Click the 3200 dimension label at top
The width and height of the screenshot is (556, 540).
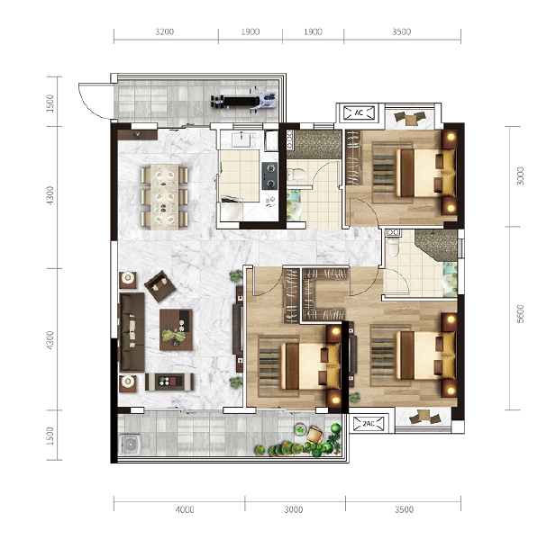(165, 31)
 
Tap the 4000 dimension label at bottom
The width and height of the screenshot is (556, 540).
(185, 509)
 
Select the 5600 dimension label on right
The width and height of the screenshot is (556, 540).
(520, 314)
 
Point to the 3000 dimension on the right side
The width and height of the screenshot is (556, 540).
(520, 176)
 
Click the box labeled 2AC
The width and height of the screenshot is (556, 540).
(369, 423)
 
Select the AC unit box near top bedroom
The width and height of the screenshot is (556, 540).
(359, 113)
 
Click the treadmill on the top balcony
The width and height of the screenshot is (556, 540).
(243, 101)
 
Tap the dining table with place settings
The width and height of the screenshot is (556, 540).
(164, 197)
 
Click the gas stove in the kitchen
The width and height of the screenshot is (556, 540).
(269, 175)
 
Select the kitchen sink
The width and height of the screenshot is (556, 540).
(243, 139)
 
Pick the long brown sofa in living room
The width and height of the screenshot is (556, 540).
(132, 332)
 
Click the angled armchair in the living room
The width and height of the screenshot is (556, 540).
(160, 286)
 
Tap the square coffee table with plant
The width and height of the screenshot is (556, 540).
(176, 329)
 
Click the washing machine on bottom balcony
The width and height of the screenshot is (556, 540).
(130, 445)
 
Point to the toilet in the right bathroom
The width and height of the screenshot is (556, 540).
(393, 247)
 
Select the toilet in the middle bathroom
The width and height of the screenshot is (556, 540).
(296, 175)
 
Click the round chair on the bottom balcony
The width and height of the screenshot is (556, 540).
(314, 435)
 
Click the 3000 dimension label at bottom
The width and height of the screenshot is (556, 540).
(294, 509)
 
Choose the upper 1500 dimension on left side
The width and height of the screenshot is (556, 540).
(50, 103)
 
